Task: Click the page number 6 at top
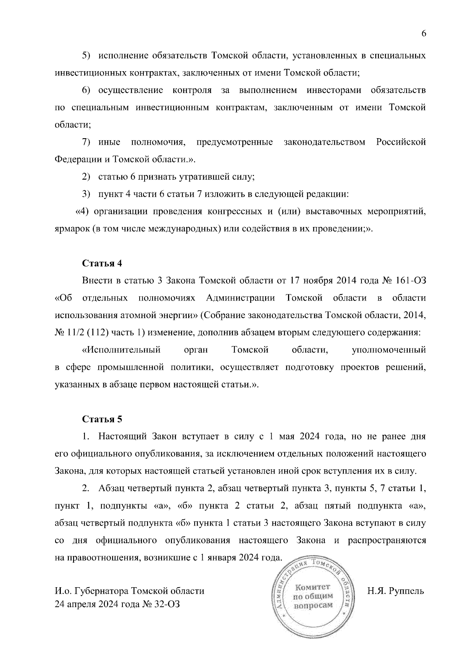pyautogui.click(x=423, y=34)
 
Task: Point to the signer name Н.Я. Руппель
pyautogui.click(x=396, y=591)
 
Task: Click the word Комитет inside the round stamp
pyautogui.click(x=313, y=587)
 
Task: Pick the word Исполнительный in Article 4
pyautogui.click(x=121, y=350)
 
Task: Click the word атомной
pyautogui.click(x=138, y=315)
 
